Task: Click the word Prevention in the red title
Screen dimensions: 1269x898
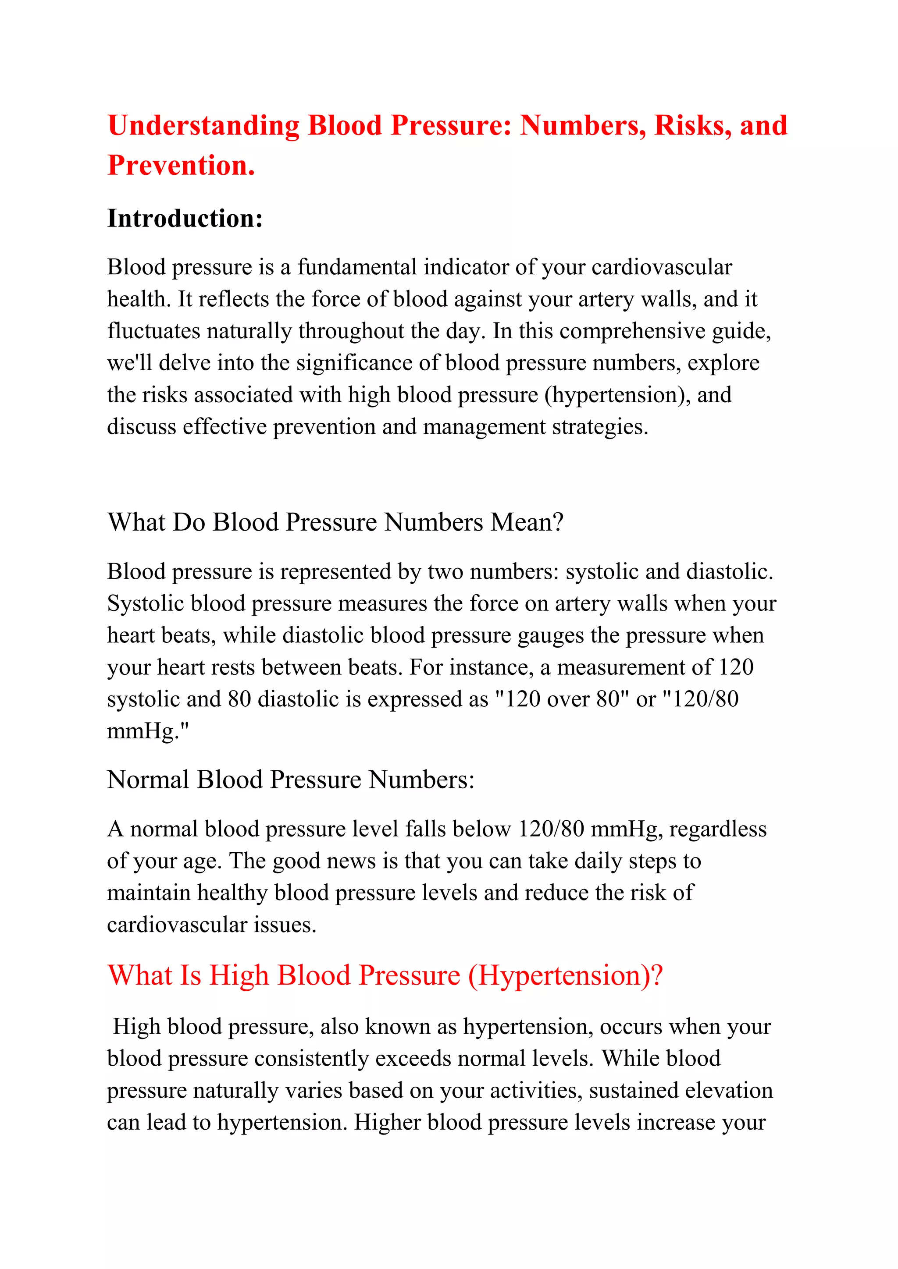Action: coord(181,165)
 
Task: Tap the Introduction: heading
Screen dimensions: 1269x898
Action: coord(185,218)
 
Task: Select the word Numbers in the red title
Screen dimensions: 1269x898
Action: coord(582,125)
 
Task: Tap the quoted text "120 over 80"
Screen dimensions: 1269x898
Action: coord(563,699)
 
